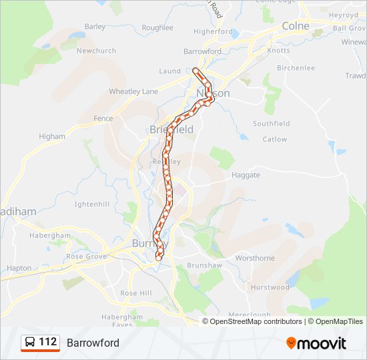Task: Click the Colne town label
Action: point(296,25)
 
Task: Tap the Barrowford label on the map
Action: point(202,51)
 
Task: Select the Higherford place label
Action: point(212,31)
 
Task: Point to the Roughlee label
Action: point(157,28)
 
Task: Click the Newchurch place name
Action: point(96,51)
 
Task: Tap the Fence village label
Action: point(103,119)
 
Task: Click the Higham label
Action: point(52,137)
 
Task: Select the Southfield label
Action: point(271,124)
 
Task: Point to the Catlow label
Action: point(275,139)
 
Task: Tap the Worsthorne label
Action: point(255,258)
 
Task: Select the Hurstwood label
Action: point(270,287)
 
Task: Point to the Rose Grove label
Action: point(86,257)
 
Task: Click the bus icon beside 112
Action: point(30,343)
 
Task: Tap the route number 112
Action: point(48,342)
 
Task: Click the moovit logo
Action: point(316,343)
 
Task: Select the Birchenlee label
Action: point(296,68)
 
